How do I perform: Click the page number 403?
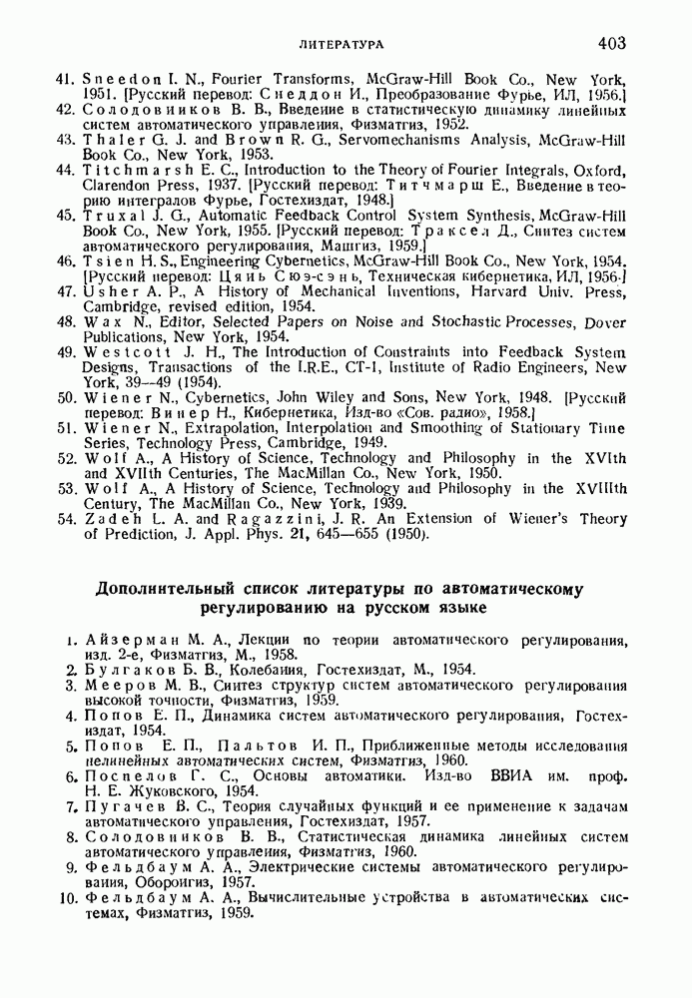point(611,43)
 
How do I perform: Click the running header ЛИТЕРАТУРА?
point(342,45)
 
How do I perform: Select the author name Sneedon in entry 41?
point(118,79)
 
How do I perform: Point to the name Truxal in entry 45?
point(111,215)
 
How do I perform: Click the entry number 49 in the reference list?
point(66,352)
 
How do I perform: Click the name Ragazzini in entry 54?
point(278,519)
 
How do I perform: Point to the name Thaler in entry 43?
point(109,140)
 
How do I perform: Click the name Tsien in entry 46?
point(106,260)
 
